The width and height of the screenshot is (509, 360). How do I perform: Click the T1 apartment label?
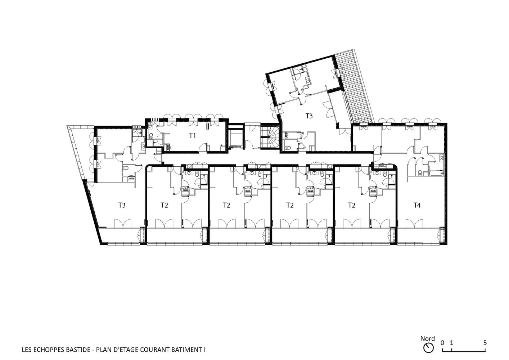[192, 136]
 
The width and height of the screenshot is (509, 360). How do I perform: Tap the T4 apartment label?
[417, 206]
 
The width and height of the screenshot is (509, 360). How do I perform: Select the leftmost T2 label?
[164, 206]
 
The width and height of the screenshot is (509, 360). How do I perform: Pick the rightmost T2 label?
[351, 206]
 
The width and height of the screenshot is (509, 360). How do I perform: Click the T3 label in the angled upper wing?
[309, 116]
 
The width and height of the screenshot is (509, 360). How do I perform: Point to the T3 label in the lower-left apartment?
[122, 206]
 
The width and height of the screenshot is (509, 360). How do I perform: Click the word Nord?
[427, 345]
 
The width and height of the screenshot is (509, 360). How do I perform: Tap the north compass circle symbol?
[428, 354]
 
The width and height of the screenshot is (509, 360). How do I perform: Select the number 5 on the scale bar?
[485, 349]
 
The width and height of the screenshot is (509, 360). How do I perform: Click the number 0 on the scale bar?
[442, 349]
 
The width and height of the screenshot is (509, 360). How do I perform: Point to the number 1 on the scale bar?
[451, 349]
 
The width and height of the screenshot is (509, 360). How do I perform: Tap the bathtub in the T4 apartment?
[436, 174]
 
